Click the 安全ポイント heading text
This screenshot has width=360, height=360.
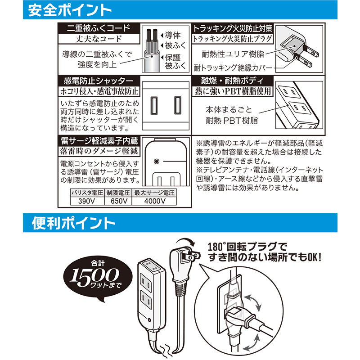(70, 10)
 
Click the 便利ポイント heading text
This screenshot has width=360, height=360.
(73, 223)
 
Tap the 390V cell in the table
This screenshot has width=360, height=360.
(87, 201)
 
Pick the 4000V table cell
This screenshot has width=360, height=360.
(154, 201)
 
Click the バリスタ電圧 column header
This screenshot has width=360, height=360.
(87, 193)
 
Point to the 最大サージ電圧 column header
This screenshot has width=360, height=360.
(154, 193)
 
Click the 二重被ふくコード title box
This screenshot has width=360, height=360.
(99, 28)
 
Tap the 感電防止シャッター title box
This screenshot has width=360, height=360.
(99, 81)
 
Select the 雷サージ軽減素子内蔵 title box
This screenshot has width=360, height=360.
(99, 141)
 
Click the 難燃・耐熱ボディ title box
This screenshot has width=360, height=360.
(232, 81)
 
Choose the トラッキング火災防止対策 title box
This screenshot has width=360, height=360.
(232, 28)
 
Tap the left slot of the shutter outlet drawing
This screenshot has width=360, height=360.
(154, 105)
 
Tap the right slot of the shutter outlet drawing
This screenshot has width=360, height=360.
(177, 105)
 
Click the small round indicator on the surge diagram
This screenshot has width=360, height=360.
(156, 162)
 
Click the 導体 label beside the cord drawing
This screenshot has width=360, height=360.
(173, 35)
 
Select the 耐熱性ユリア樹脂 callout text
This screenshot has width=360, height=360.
(233, 54)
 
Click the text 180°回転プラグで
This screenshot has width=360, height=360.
(247, 247)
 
